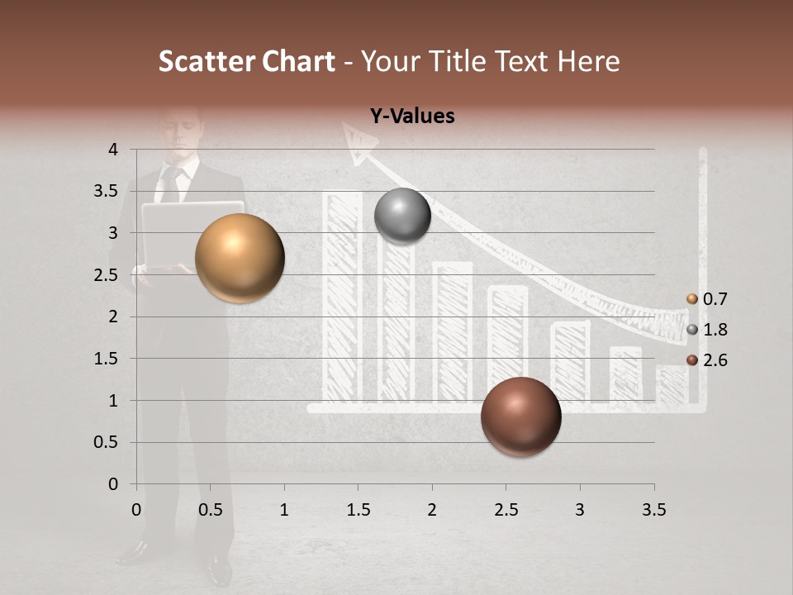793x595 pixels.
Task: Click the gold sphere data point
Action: pyautogui.click(x=240, y=258)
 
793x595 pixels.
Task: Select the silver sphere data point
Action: pyautogui.click(x=402, y=217)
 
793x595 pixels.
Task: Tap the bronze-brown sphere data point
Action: pyautogui.click(x=520, y=416)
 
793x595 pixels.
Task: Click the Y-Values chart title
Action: pyautogui.click(x=411, y=117)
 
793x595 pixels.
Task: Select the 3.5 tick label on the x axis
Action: pyautogui.click(x=653, y=509)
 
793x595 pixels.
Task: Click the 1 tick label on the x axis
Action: pyautogui.click(x=284, y=509)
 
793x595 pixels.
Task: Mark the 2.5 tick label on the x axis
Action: pyautogui.click(x=506, y=509)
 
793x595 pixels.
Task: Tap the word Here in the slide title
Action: pyautogui.click(x=587, y=61)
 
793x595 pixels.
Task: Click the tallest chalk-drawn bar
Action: pyautogui.click(x=341, y=297)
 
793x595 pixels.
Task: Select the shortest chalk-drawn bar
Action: pyautogui.click(x=672, y=383)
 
